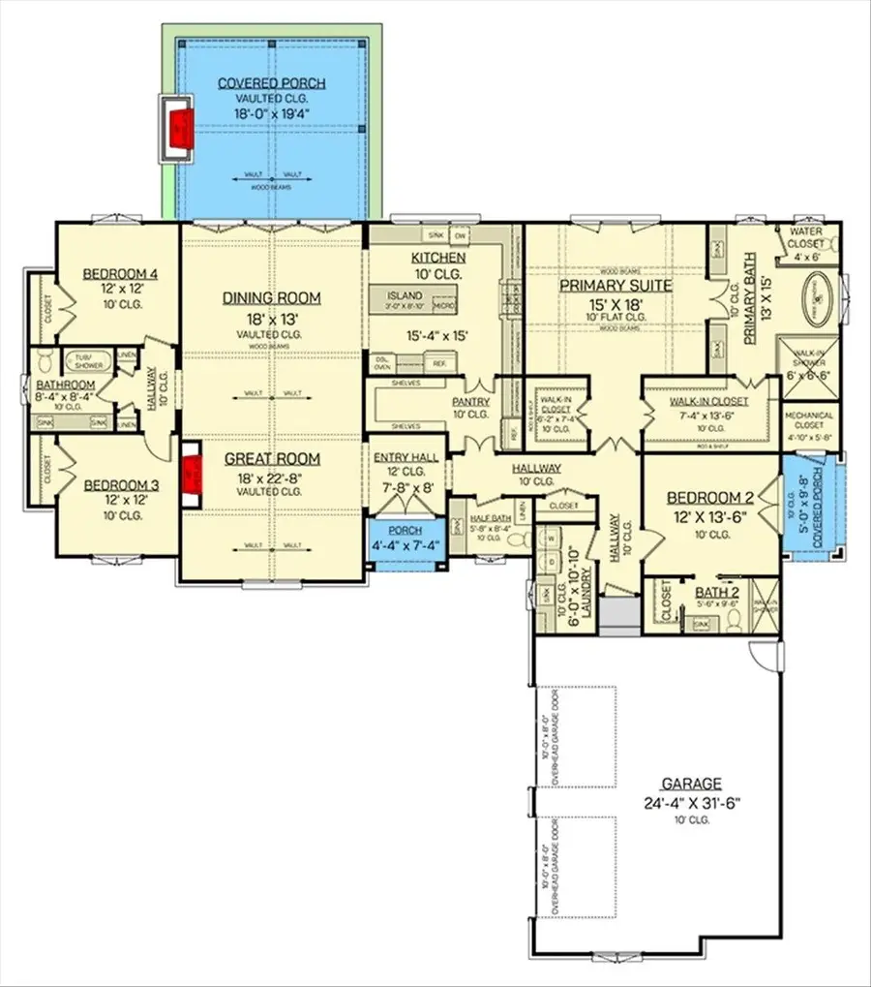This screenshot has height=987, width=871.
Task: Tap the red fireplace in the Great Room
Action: [x=192, y=475]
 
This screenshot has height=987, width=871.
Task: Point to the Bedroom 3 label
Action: [x=114, y=484]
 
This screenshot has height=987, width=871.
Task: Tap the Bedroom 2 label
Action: [x=708, y=498]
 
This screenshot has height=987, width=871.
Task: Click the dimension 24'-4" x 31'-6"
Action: [x=690, y=803]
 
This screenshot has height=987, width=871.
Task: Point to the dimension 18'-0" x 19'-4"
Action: [x=271, y=114]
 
